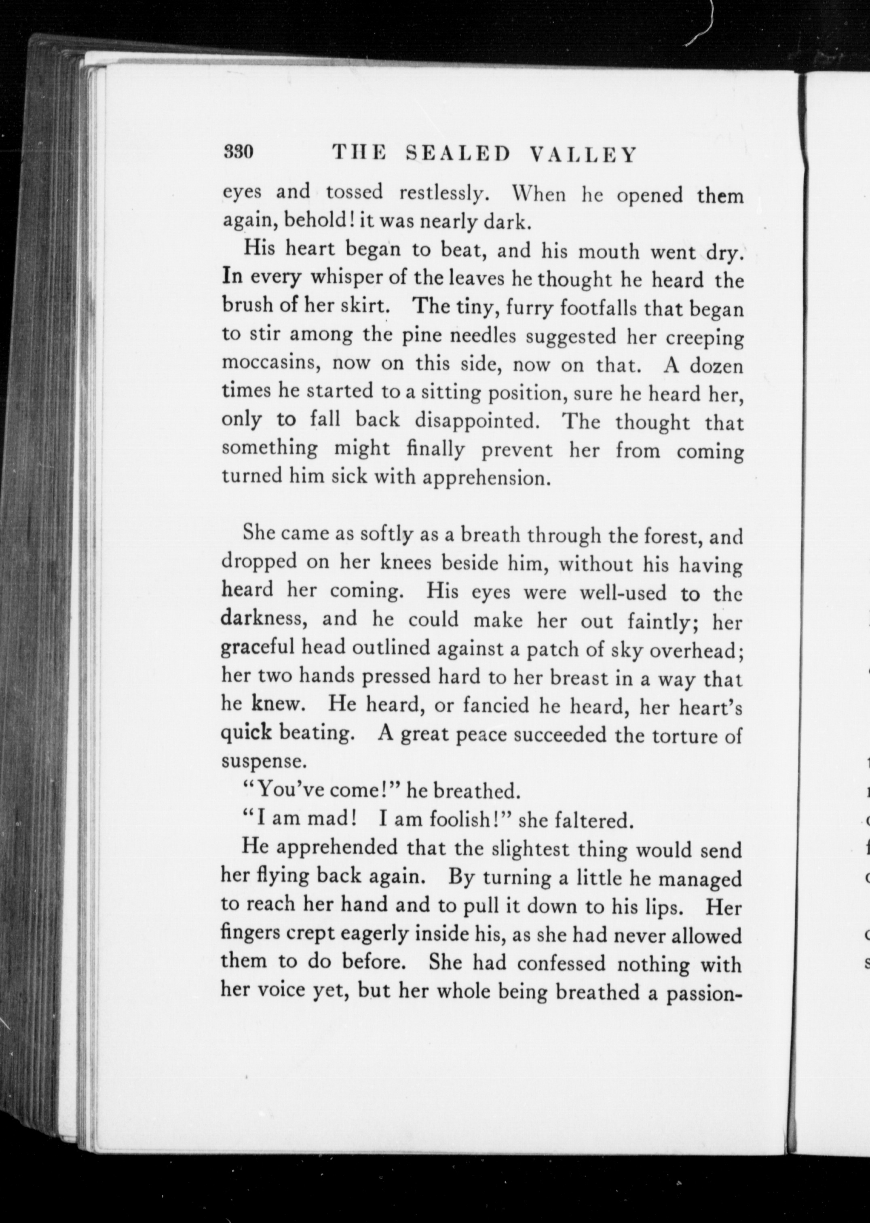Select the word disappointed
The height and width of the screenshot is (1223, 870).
coord(476,420)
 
